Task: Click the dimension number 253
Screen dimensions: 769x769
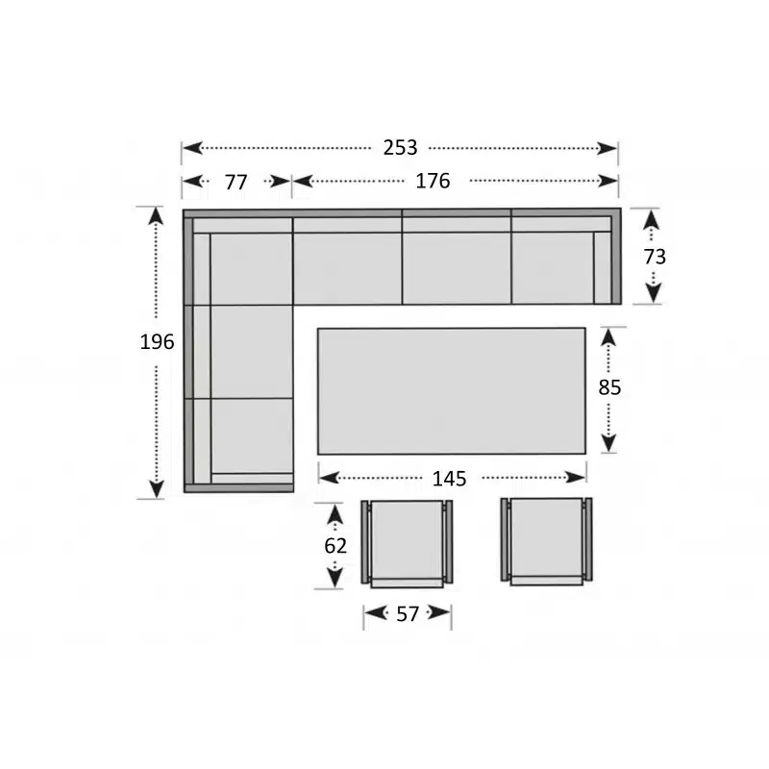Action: [400, 148]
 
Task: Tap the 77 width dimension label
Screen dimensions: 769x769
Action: [236, 183]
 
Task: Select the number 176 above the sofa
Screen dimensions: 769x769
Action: [433, 181]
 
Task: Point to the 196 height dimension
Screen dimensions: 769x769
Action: [157, 342]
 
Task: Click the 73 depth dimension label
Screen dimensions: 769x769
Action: [655, 257]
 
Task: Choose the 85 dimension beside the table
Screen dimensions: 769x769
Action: [609, 387]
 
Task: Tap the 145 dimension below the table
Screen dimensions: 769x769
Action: [449, 479]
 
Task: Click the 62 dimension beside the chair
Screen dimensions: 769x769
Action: [335, 546]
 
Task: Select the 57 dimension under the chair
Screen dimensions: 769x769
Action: [408, 614]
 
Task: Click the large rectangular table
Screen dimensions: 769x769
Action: [451, 391]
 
